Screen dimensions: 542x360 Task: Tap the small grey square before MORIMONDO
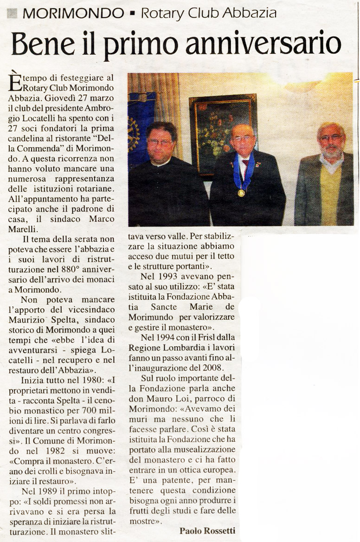click(x=13, y=13)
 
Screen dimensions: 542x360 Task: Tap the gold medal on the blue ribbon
click(x=241, y=193)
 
